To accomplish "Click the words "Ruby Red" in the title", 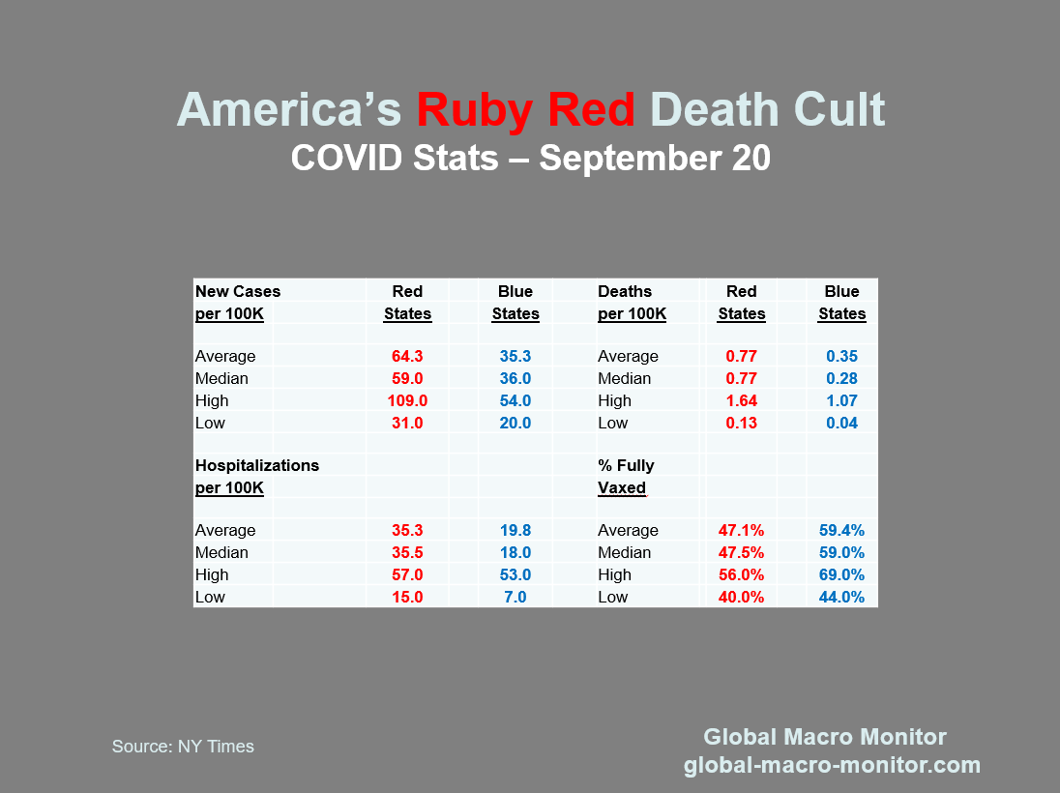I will pyautogui.click(x=525, y=110).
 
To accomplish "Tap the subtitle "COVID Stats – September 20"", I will pyautogui.click(x=530, y=158).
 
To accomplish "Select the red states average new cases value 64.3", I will pyautogui.click(x=407, y=356).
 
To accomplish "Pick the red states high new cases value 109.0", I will pyautogui.click(x=407, y=400).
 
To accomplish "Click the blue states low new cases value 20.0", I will pyautogui.click(x=515, y=423).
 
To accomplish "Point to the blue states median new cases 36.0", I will pyautogui.click(x=515, y=378).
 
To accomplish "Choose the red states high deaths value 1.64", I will pyautogui.click(x=742, y=400).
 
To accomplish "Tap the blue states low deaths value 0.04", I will pyautogui.click(x=841, y=423).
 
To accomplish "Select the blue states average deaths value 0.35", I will pyautogui.click(x=841, y=356).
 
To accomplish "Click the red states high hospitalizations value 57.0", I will pyautogui.click(x=407, y=574).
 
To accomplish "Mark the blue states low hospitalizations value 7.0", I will pyautogui.click(x=515, y=597).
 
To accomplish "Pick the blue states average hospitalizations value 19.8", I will pyautogui.click(x=515, y=530).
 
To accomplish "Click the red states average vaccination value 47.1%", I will pyautogui.click(x=742, y=530).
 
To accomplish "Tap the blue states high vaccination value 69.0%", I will pyautogui.click(x=841, y=574).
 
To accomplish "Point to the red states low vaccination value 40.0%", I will pyautogui.click(x=742, y=597).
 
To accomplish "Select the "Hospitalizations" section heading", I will pyautogui.click(x=257, y=465).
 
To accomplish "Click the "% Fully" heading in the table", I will pyautogui.click(x=626, y=465).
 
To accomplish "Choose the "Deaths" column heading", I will pyautogui.click(x=625, y=291).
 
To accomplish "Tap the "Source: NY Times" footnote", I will pyautogui.click(x=183, y=746).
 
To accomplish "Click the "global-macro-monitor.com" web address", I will pyautogui.click(x=832, y=765).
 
